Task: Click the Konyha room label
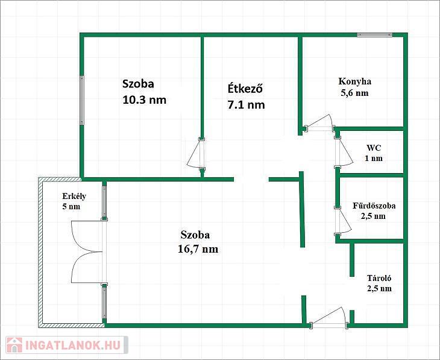(x=354, y=81)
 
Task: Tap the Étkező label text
(x=245, y=89)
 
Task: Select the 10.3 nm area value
(x=144, y=99)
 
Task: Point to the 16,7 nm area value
(x=198, y=249)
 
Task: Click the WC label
(x=374, y=148)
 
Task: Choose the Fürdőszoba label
(x=374, y=206)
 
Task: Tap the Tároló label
(x=379, y=278)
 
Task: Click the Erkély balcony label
(x=74, y=196)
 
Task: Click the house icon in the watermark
(x=14, y=345)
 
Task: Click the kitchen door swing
(x=320, y=123)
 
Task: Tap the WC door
(x=344, y=153)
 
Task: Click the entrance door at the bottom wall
(x=328, y=317)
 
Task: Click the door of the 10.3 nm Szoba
(x=196, y=154)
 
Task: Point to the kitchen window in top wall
(x=375, y=35)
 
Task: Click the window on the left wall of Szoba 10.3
(x=82, y=100)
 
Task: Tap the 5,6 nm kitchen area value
(x=354, y=93)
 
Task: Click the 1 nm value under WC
(x=374, y=158)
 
